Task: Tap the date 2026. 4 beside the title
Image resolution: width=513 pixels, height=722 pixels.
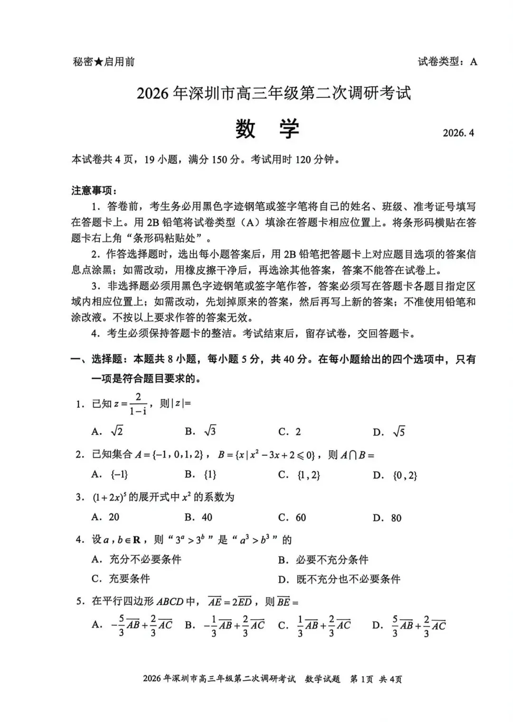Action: tap(458, 132)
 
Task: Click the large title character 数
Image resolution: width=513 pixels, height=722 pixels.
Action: tap(245, 129)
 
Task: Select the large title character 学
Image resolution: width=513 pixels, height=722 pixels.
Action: tap(289, 129)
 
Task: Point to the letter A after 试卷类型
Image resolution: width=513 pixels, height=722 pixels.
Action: tap(474, 62)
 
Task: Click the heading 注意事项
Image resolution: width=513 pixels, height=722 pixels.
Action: tap(91, 190)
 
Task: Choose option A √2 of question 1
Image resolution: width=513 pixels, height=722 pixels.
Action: tap(108, 431)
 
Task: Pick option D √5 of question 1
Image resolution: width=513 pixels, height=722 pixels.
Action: tap(390, 432)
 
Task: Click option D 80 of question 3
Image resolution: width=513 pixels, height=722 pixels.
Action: tap(388, 518)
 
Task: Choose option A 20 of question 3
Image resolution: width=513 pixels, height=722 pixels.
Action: tap(105, 517)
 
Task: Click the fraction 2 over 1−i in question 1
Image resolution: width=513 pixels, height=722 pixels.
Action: tap(138, 404)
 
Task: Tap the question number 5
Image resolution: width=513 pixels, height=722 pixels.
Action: tap(80, 602)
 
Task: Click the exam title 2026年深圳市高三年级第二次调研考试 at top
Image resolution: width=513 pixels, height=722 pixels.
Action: tap(274, 93)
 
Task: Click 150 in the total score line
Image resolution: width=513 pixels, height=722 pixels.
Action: tap(219, 159)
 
